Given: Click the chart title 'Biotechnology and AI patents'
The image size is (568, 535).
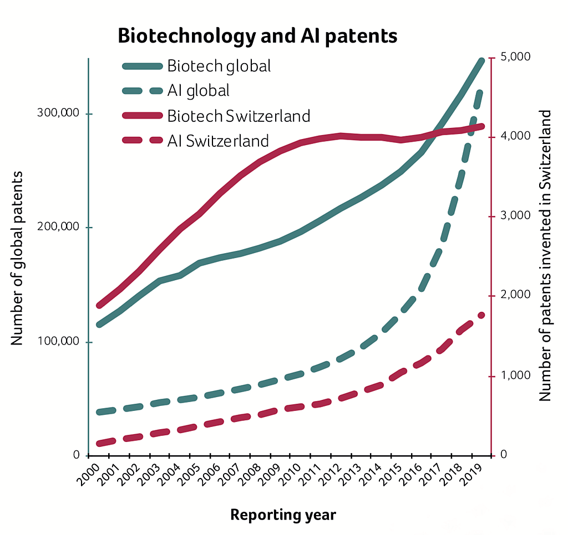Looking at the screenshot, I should point(257,36).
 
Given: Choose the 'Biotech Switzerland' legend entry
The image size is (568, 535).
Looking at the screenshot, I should point(238,116).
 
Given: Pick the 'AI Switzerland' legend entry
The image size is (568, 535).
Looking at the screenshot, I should point(217,141).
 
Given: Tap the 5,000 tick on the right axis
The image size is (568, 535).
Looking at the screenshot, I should point(515,56).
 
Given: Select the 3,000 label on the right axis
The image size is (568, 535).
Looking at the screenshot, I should point(515,215).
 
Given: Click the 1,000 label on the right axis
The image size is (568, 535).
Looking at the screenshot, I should point(515,375).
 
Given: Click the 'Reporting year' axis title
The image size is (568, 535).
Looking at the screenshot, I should point(283,515).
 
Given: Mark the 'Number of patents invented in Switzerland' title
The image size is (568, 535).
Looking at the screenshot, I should point(546,256).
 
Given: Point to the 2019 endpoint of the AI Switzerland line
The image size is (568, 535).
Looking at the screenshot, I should point(481,315).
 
